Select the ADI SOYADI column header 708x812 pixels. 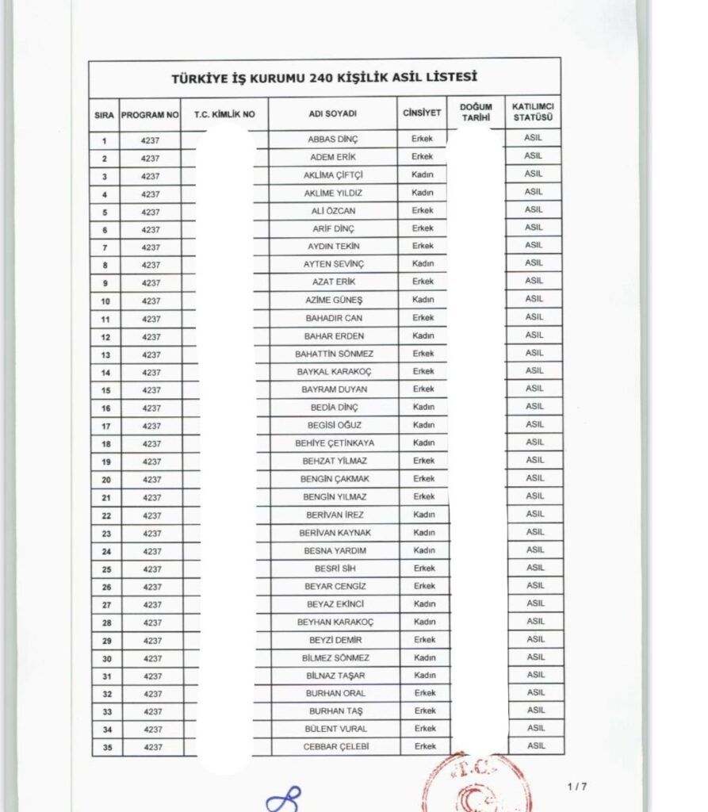click(x=332, y=114)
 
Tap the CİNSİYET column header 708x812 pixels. click(x=422, y=113)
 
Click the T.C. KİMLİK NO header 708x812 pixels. click(x=224, y=115)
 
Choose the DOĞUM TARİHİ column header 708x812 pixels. click(x=475, y=113)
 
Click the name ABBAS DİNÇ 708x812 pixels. click(x=332, y=140)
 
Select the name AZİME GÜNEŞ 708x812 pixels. click(x=333, y=301)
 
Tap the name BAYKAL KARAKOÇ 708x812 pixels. click(x=334, y=372)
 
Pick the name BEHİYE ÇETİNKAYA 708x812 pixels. click(x=334, y=443)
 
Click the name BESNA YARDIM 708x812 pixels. click(x=335, y=550)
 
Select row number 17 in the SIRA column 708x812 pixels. click(x=105, y=427)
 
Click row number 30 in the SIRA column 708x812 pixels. click(x=106, y=659)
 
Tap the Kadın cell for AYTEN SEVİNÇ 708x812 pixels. click(x=423, y=264)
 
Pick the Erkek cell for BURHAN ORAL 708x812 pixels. click(x=424, y=693)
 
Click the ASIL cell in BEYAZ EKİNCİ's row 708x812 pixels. click(x=535, y=603)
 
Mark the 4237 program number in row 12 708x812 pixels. click(x=151, y=337)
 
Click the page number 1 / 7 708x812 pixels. click(x=577, y=787)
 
